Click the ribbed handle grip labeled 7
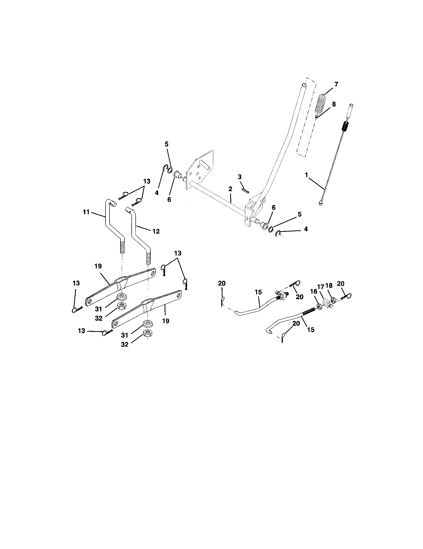click(320, 104)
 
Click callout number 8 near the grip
click(333, 104)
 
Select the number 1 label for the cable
click(306, 175)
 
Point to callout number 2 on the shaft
click(230, 189)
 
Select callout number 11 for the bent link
click(86, 212)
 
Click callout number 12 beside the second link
click(156, 231)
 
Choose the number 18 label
click(329, 285)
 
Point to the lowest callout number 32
click(125, 344)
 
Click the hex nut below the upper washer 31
click(121, 306)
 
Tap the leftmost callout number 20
click(222, 283)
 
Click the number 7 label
click(336, 84)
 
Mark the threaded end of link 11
click(122, 247)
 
